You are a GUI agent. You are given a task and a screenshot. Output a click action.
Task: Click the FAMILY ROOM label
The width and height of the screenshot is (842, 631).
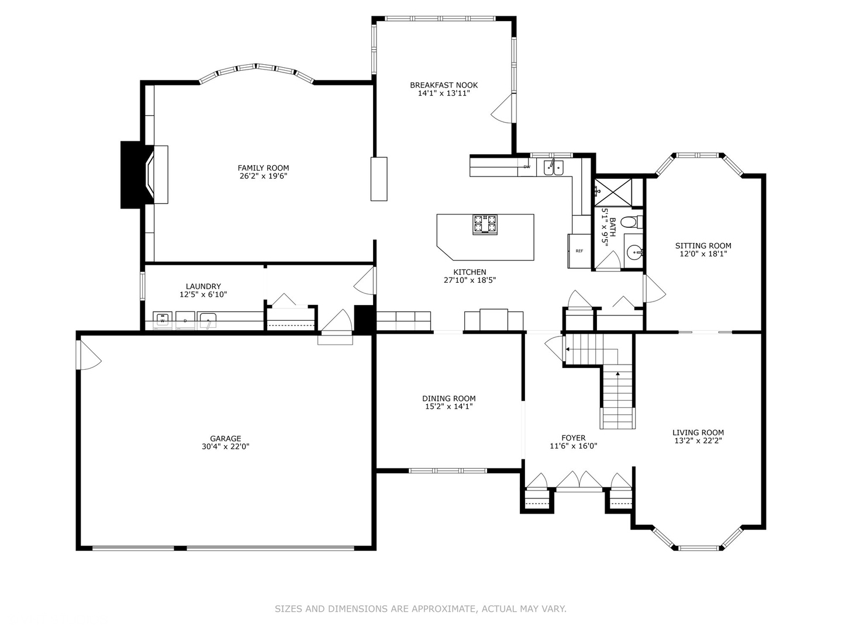click(263, 168)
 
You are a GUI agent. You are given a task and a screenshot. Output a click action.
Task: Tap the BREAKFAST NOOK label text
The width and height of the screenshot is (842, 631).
click(444, 85)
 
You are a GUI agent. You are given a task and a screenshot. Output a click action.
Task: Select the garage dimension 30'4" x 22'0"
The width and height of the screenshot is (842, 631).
click(226, 446)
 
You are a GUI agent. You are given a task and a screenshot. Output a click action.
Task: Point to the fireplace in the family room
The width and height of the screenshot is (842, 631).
click(144, 175)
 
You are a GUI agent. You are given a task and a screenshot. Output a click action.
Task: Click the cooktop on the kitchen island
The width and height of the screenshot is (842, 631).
click(485, 224)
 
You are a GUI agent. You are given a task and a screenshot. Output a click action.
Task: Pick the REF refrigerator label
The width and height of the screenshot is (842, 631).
click(579, 251)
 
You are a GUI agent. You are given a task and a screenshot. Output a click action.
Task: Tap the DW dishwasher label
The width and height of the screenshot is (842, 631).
click(527, 167)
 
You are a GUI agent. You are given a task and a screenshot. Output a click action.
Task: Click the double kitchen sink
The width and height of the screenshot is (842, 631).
click(553, 167)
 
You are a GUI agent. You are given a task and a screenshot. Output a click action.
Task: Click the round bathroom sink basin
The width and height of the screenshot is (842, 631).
click(635, 252)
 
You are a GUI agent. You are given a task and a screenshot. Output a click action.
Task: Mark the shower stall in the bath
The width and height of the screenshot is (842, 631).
click(613, 192)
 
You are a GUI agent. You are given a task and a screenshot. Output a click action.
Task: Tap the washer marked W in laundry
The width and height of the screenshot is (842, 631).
click(163, 320)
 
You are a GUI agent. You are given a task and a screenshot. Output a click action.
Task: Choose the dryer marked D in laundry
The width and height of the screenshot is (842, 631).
click(185, 320)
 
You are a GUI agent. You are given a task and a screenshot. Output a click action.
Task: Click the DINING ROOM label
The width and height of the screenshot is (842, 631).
click(449, 398)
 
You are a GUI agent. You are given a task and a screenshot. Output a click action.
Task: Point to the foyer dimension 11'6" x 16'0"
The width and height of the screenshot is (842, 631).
click(574, 446)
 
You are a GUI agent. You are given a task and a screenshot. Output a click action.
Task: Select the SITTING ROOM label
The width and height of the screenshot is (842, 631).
click(703, 245)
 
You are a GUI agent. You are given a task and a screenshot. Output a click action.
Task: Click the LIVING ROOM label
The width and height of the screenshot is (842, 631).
click(698, 432)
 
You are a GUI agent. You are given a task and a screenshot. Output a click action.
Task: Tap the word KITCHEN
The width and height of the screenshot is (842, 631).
click(470, 272)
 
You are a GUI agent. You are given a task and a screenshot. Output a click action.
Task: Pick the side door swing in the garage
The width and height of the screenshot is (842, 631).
click(89, 355)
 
